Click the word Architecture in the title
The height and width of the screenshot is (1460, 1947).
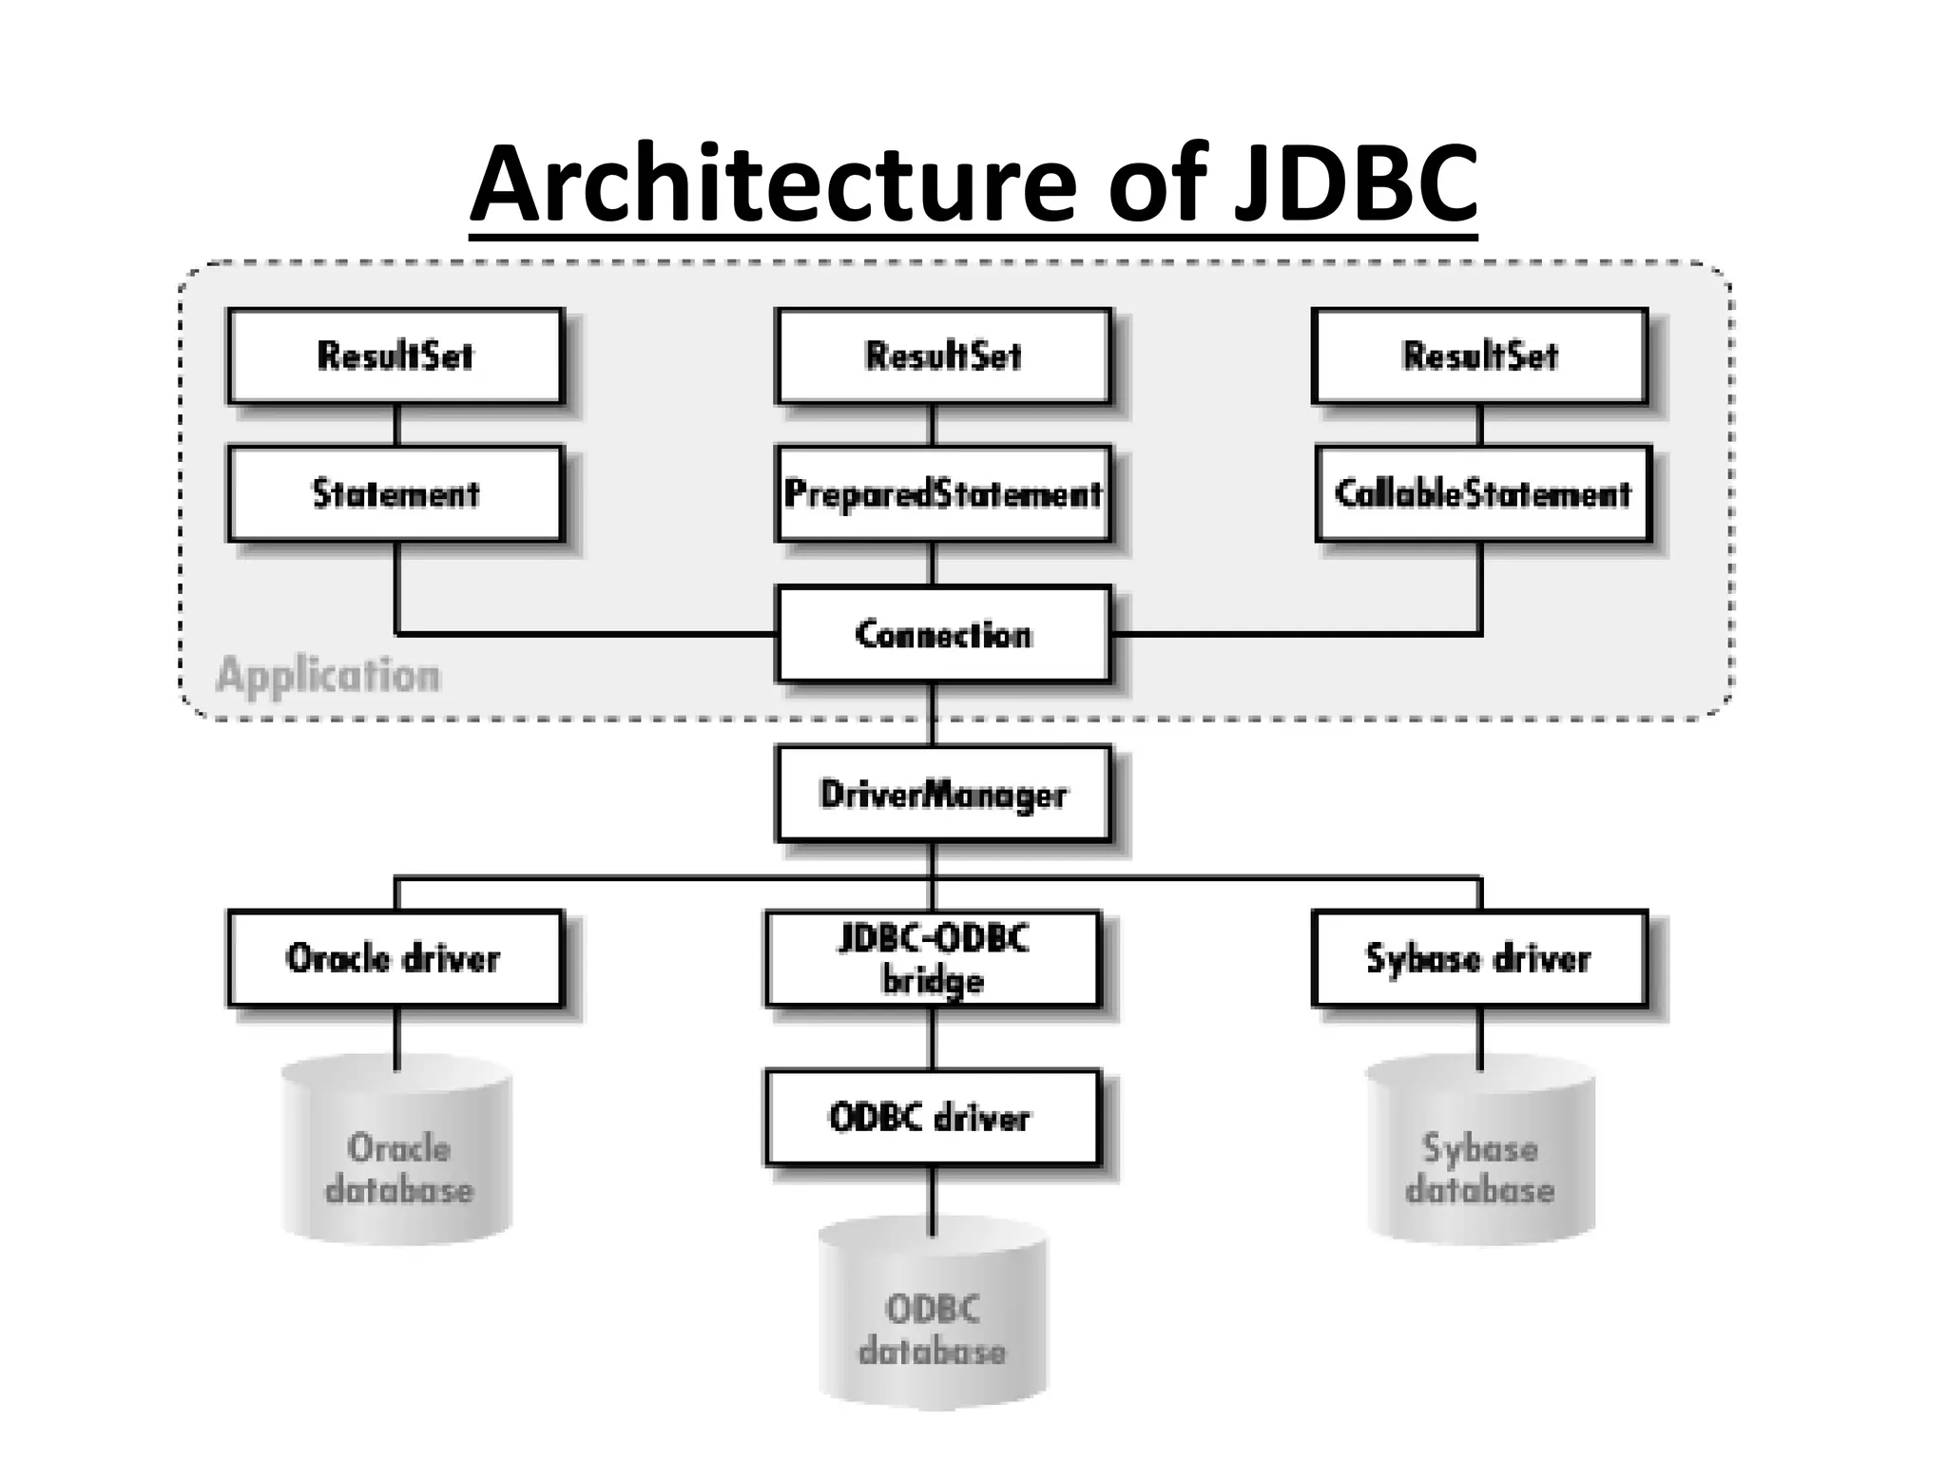coord(772,182)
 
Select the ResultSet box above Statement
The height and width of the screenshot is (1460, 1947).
coord(395,356)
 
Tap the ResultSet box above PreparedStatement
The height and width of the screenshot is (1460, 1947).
coord(943,356)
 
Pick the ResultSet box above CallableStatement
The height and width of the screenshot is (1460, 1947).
coord(1480,356)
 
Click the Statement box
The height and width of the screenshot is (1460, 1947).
coord(395,494)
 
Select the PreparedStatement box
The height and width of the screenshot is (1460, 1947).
coord(943,494)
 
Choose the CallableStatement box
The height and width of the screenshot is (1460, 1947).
coord(1483,494)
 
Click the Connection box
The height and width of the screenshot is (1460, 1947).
coord(943,634)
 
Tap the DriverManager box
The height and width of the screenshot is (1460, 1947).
coord(943,794)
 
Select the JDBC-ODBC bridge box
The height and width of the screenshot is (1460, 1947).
coord(933,958)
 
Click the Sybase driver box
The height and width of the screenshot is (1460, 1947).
coord(1479,958)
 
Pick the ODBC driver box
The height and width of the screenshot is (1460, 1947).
coord(933,1118)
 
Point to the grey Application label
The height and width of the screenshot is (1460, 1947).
coord(329,676)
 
